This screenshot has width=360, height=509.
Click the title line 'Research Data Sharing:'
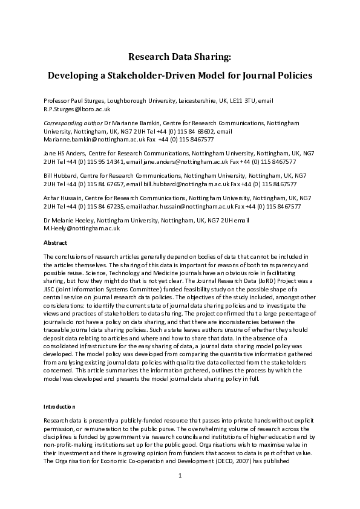(180, 57)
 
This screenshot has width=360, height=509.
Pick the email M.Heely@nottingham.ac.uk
(82, 229)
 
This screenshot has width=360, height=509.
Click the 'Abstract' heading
(56, 242)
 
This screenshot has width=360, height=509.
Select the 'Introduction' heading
(60, 407)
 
